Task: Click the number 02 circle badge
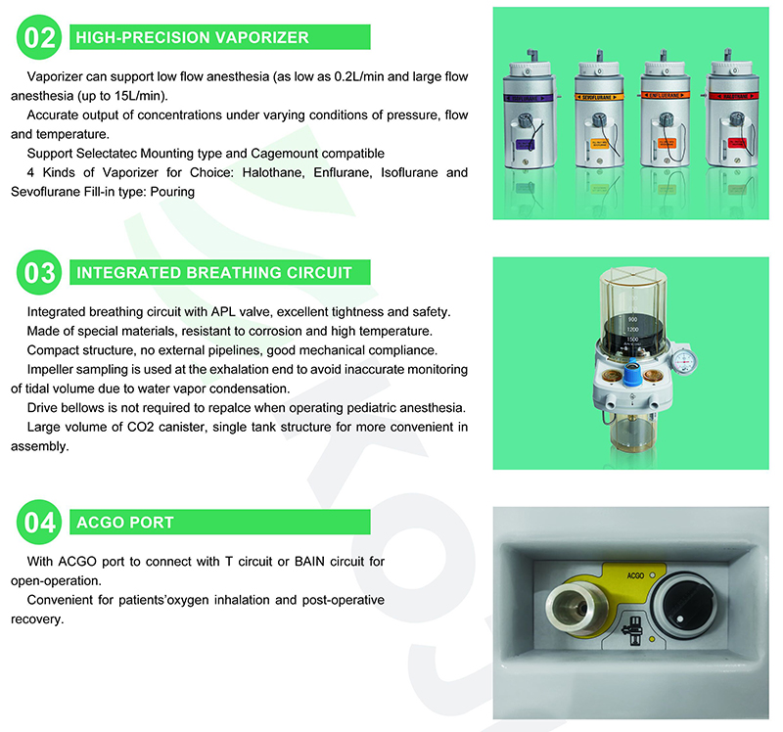point(39,37)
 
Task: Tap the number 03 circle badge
point(39,273)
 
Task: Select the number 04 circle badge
point(39,523)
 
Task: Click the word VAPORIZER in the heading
point(262,37)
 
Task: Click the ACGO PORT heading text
point(125,523)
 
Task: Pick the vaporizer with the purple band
point(530,110)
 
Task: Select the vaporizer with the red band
point(732,109)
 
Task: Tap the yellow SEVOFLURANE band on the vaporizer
point(598,97)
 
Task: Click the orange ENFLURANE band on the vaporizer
point(665,95)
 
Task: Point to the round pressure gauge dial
point(683,359)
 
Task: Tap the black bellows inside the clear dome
point(632,332)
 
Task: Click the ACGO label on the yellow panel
point(635,575)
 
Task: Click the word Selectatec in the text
point(106,154)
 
